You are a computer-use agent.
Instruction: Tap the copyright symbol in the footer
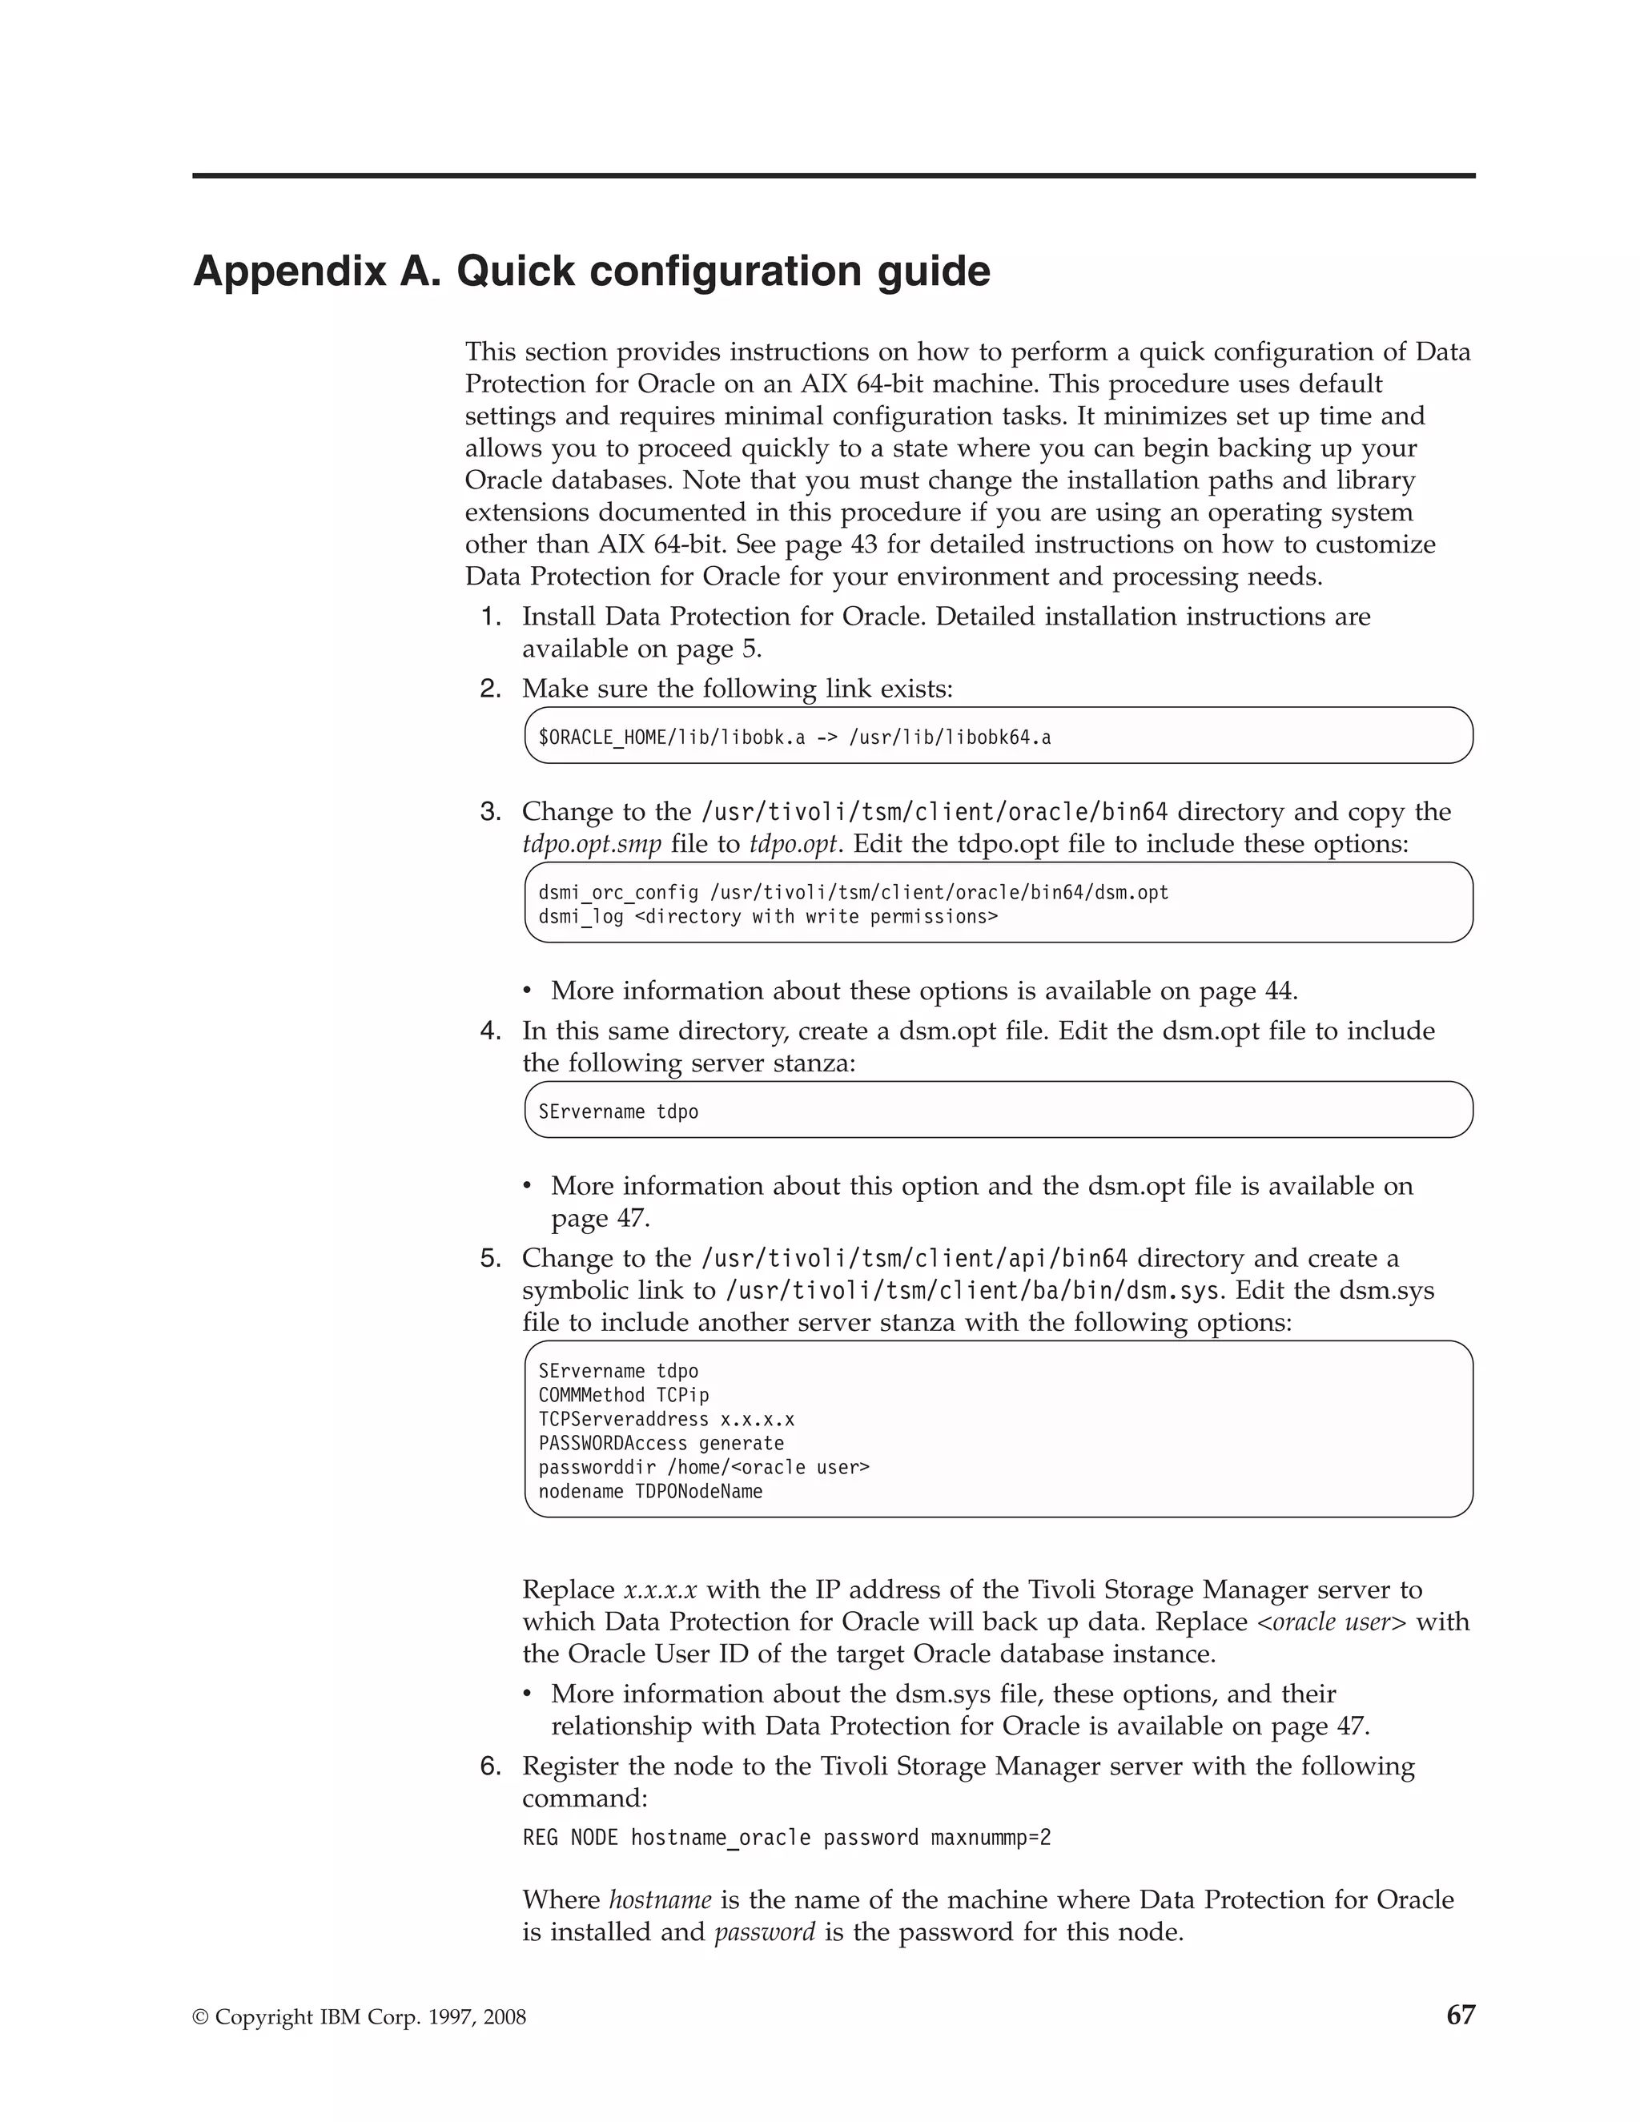coord(200,2018)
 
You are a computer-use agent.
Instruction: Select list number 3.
coord(491,811)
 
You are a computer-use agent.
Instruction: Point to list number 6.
coord(491,1766)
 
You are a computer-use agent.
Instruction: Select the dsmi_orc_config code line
coord(853,892)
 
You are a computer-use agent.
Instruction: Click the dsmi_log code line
coord(767,916)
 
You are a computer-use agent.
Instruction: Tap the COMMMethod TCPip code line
coord(624,1395)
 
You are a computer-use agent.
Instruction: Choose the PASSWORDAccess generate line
coord(661,1443)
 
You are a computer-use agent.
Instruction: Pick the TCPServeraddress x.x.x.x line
coord(666,1420)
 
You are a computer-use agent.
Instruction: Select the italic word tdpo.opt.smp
coord(592,844)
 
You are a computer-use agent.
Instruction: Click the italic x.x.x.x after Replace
coord(660,1590)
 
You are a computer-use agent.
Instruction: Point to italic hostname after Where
coord(660,1899)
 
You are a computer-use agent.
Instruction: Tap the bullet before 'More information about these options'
coord(528,991)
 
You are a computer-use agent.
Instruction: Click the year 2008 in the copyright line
coord(504,2018)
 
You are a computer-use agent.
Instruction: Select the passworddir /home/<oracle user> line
coord(703,1467)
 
